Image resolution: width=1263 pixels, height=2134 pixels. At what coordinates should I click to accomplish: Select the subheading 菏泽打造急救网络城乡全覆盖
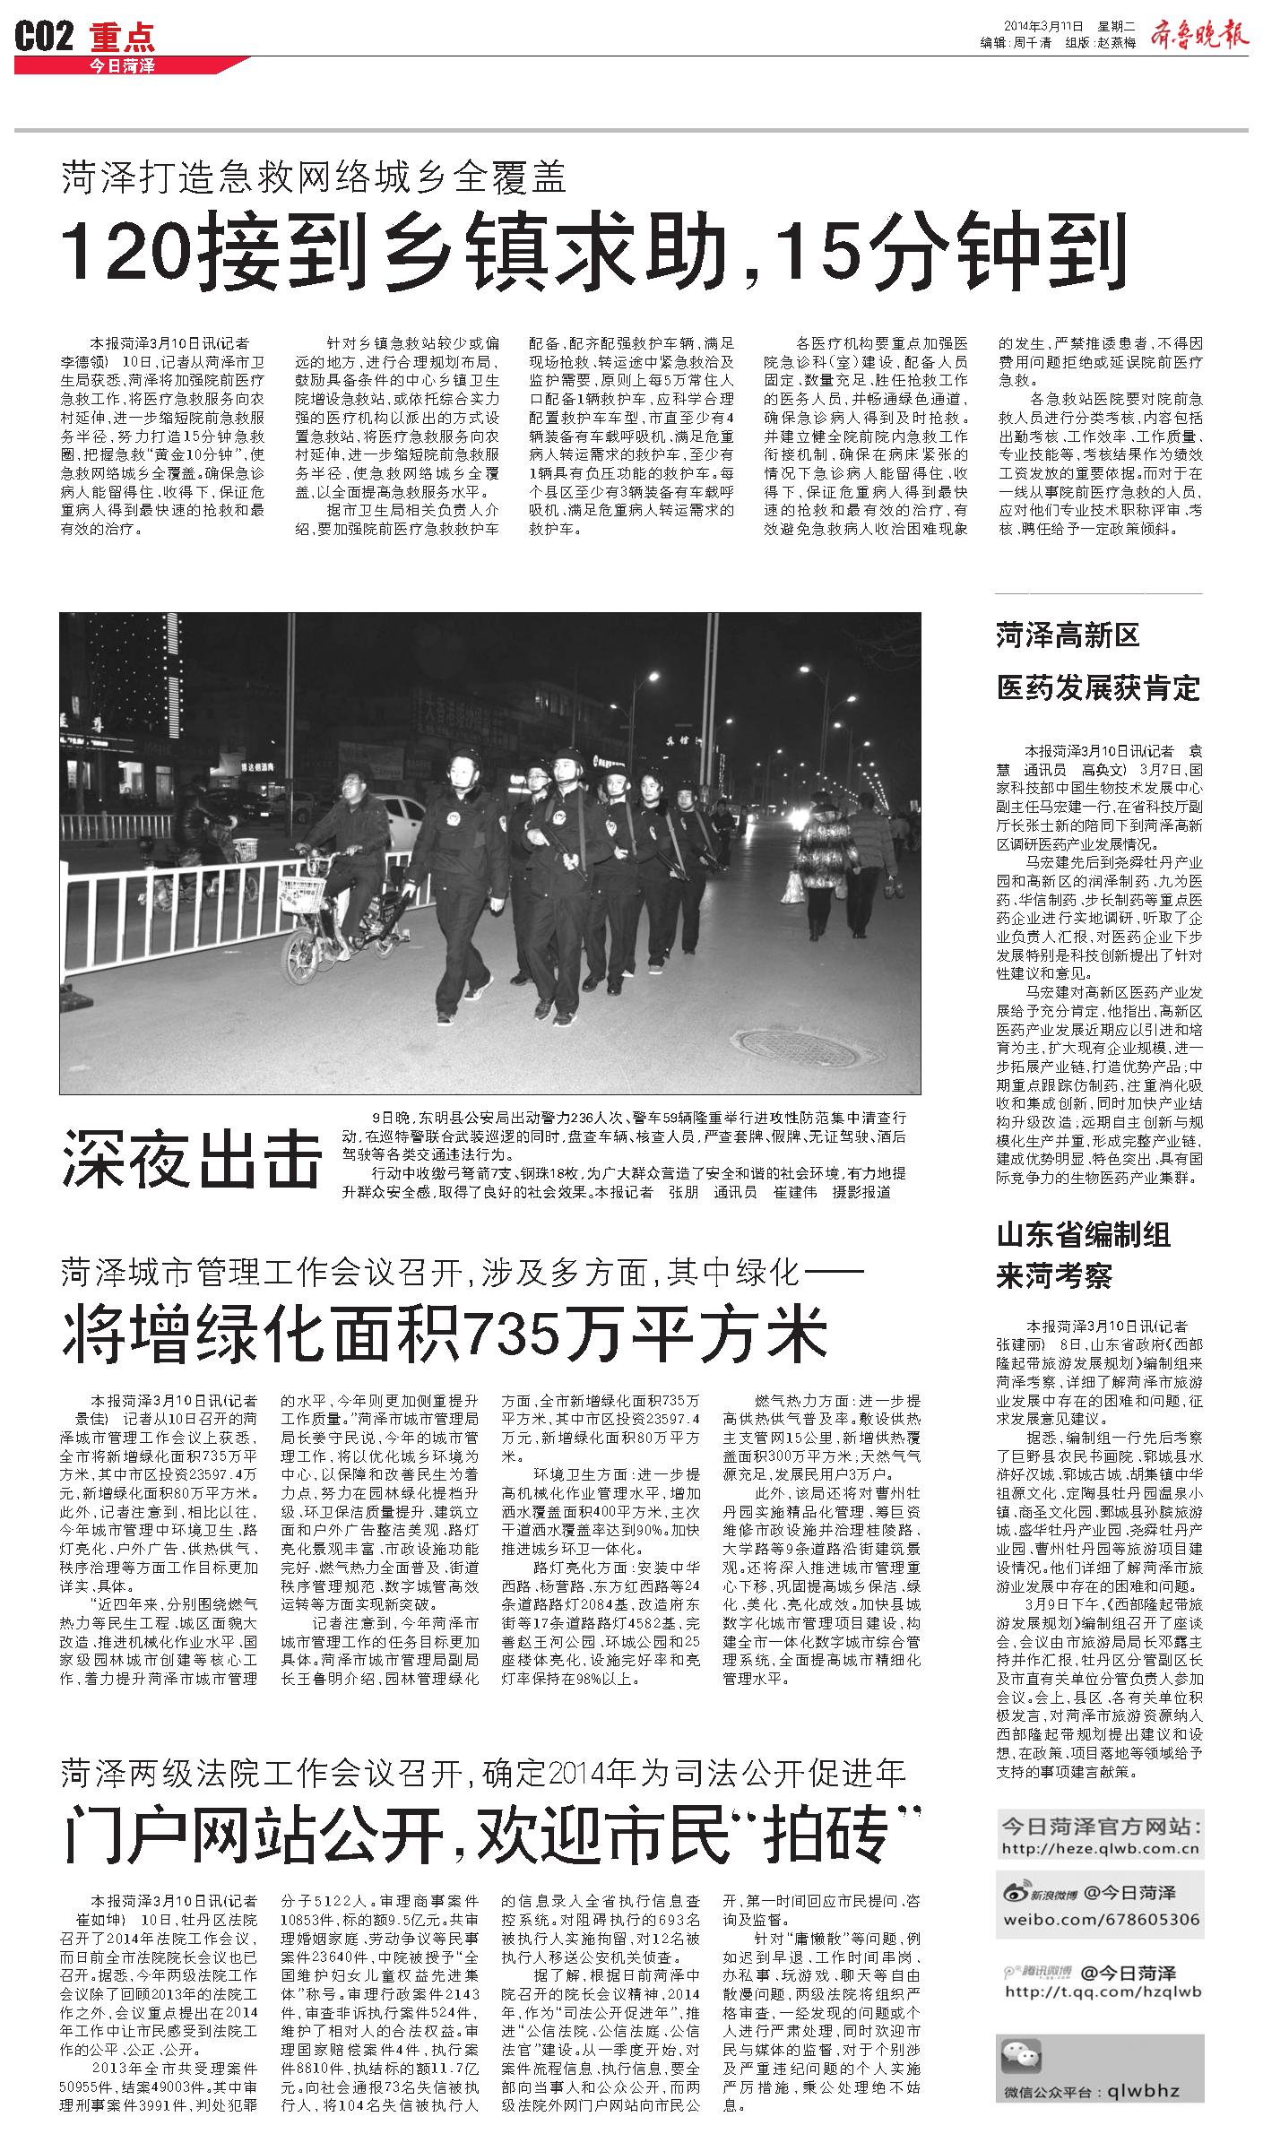[315, 177]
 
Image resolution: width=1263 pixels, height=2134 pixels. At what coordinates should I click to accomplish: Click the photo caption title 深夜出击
[191, 1158]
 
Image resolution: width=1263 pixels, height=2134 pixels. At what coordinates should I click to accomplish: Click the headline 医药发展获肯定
[1098, 688]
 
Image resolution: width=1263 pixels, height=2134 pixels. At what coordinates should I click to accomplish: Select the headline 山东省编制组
[1083, 1235]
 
